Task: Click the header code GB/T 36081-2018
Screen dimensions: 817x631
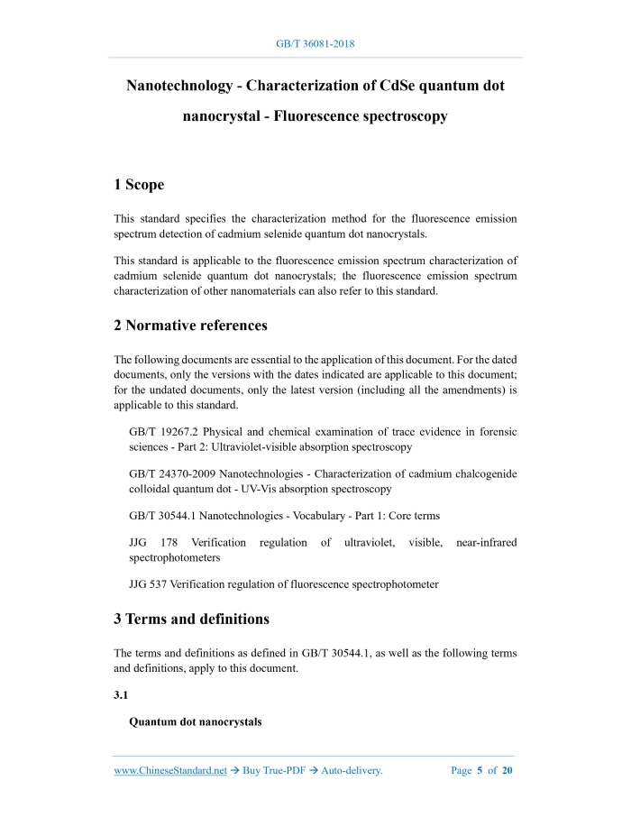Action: pos(315,43)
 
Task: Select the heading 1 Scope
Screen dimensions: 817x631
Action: pos(139,185)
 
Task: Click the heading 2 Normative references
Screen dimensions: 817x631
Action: pos(190,325)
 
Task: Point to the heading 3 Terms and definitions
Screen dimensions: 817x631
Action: pos(191,619)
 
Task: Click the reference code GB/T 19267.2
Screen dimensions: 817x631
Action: pos(169,432)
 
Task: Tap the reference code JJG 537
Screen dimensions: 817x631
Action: pos(150,583)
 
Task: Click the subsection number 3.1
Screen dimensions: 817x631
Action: pos(122,694)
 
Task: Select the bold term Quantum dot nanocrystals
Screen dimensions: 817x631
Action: pos(196,722)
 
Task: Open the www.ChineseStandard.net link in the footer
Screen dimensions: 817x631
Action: pos(170,771)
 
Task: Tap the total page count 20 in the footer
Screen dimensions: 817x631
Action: pos(508,771)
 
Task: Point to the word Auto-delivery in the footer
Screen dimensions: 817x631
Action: pos(352,771)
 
